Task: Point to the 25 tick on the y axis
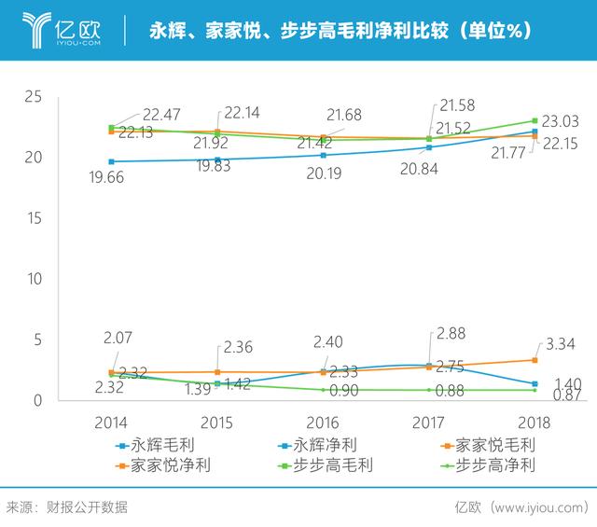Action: click(34, 97)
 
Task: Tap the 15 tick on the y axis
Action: click(34, 218)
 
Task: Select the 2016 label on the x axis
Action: click(323, 423)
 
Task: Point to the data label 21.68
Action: click(344, 114)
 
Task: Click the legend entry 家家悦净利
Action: click(163, 465)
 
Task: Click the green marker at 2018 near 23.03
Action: click(535, 120)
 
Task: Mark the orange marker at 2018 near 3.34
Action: click(535, 360)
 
